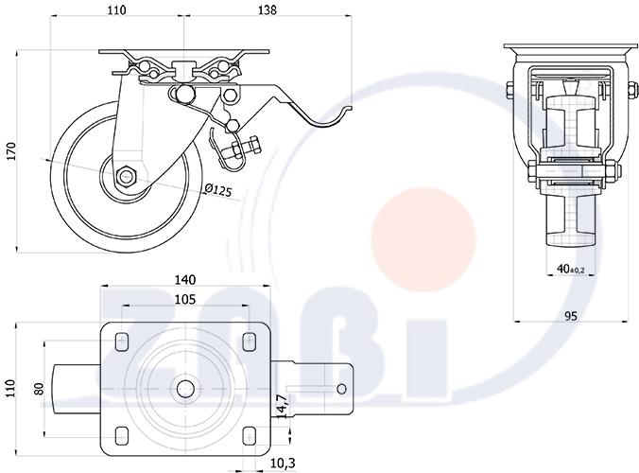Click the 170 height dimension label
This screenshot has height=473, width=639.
pos(11,151)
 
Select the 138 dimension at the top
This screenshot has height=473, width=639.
pos(268,9)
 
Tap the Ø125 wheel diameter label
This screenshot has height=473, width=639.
pos(217,190)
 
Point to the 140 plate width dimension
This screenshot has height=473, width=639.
pos(185,280)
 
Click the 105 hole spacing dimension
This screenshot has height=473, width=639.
pos(185,299)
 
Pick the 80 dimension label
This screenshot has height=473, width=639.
pos(39,389)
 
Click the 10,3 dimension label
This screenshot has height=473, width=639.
pos(283,464)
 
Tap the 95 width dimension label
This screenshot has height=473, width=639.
pos(571,316)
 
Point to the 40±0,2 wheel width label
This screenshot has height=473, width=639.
pos(571,269)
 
